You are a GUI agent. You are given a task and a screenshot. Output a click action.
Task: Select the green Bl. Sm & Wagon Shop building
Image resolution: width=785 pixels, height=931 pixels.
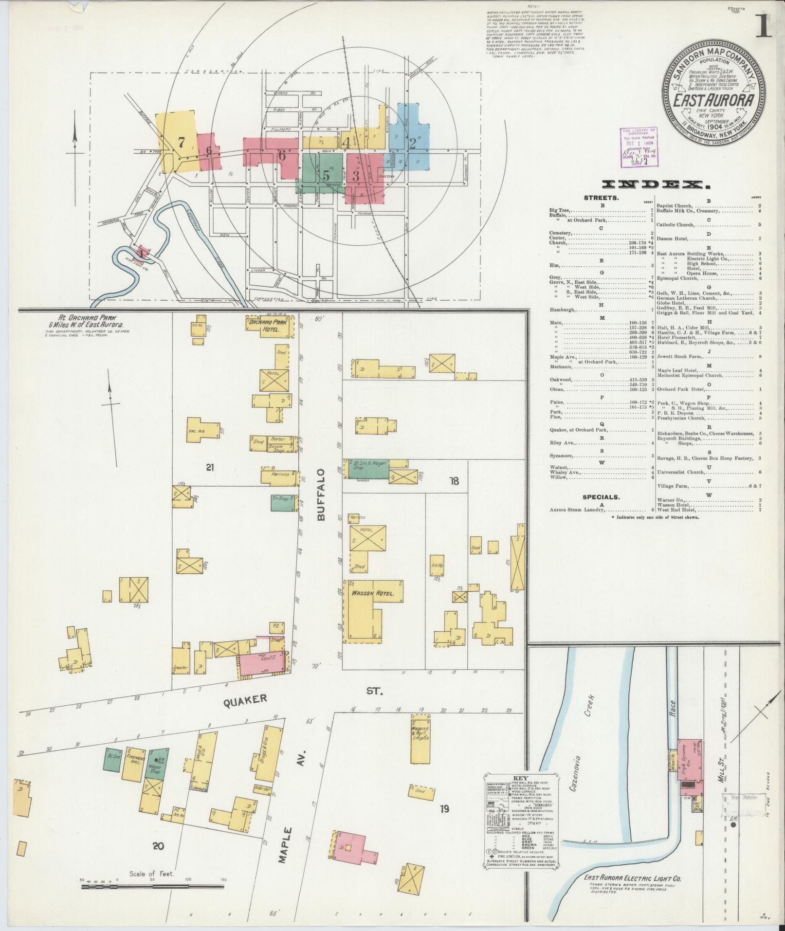(368, 468)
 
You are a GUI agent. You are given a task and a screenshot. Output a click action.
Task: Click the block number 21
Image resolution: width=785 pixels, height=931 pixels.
(210, 468)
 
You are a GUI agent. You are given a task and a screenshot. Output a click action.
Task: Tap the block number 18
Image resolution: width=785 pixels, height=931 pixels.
(455, 481)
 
